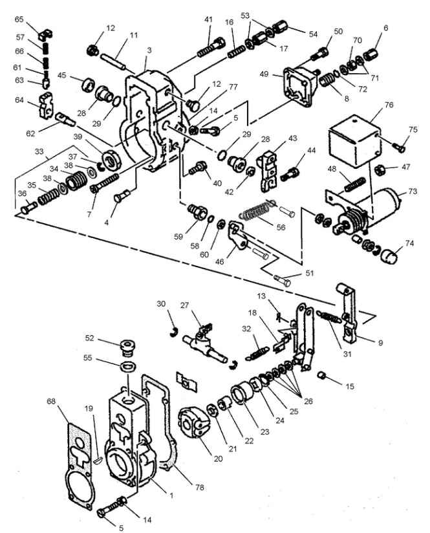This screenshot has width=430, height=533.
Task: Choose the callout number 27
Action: pos(186,305)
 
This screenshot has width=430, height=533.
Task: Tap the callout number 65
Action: pos(19,20)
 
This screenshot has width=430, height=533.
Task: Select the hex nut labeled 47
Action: pos(382,169)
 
